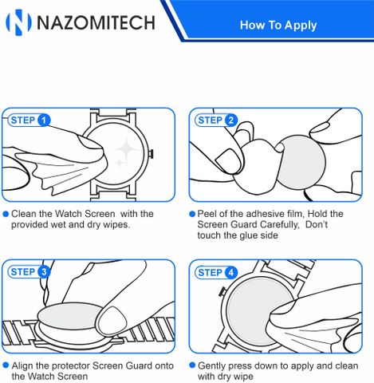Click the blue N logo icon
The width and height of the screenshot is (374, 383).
coord(18,22)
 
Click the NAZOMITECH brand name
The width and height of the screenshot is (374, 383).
coord(96,22)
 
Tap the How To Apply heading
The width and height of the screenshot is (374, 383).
coord(278,26)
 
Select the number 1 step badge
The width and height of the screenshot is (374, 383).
coord(44,120)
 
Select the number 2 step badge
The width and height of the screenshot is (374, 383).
coord(231,120)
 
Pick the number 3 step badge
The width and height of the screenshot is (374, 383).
coord(44,272)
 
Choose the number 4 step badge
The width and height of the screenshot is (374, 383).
coord(231,272)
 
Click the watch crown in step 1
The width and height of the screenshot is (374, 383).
coord(151,153)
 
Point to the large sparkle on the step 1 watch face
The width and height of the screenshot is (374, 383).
coord(127,147)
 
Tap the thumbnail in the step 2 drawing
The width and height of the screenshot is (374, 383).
coord(229,161)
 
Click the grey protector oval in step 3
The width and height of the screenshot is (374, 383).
coord(69,316)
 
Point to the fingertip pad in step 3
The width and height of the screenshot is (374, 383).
coord(112,321)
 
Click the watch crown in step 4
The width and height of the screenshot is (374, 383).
coord(222,291)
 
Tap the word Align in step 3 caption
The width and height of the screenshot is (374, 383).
coord(22,365)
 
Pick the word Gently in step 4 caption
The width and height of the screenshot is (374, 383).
coord(211,366)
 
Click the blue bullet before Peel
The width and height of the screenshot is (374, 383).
coord(192,214)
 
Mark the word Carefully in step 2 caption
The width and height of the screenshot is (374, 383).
coord(279,225)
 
